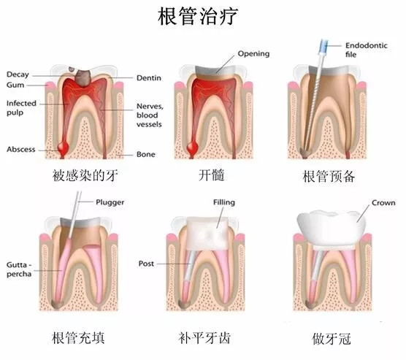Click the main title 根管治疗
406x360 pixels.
198,16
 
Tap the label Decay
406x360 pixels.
18,74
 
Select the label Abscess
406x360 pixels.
21,150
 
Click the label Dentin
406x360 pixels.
149,78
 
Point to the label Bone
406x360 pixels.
146,154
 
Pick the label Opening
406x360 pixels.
254,53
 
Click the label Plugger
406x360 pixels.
110,202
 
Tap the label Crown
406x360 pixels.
383,202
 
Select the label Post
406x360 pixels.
146,264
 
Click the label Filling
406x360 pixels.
224,202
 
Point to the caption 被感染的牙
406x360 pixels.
85,175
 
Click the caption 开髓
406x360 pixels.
211,175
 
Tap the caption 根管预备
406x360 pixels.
329,177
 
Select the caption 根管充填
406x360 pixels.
78,337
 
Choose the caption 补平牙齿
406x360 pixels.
204,338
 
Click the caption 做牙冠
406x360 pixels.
332,339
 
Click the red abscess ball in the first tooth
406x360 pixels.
63,148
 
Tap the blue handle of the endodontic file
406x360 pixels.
323,47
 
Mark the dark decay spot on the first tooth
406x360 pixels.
83,77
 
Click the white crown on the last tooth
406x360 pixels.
332,228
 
